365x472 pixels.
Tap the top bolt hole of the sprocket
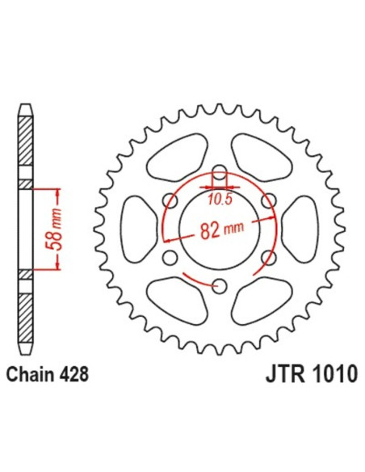219,172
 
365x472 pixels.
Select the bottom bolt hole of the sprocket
219,284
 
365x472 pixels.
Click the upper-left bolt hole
170,200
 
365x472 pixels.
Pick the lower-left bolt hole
170,257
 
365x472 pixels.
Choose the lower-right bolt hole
267,257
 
